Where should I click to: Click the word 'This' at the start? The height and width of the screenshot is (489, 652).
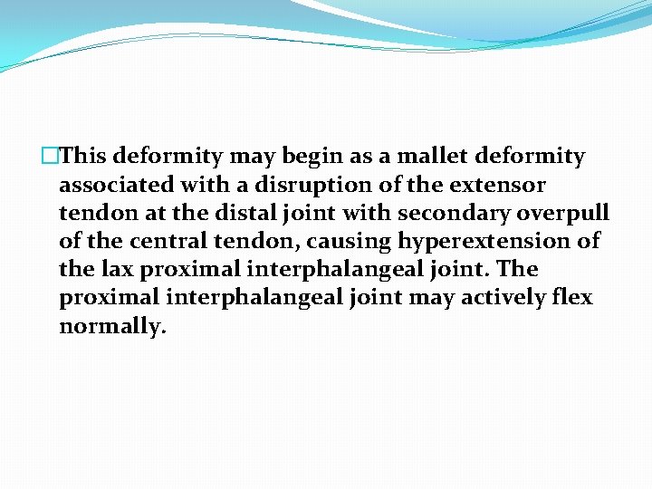point(84,157)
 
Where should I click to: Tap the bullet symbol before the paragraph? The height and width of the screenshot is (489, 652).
point(52,157)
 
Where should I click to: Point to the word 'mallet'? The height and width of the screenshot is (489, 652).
point(421,157)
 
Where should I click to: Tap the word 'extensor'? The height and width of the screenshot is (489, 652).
point(501,185)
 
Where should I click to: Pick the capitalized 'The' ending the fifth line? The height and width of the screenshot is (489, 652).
point(519,269)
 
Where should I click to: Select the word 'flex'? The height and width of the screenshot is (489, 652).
point(571,297)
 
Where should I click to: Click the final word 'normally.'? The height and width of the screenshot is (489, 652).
point(113,325)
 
